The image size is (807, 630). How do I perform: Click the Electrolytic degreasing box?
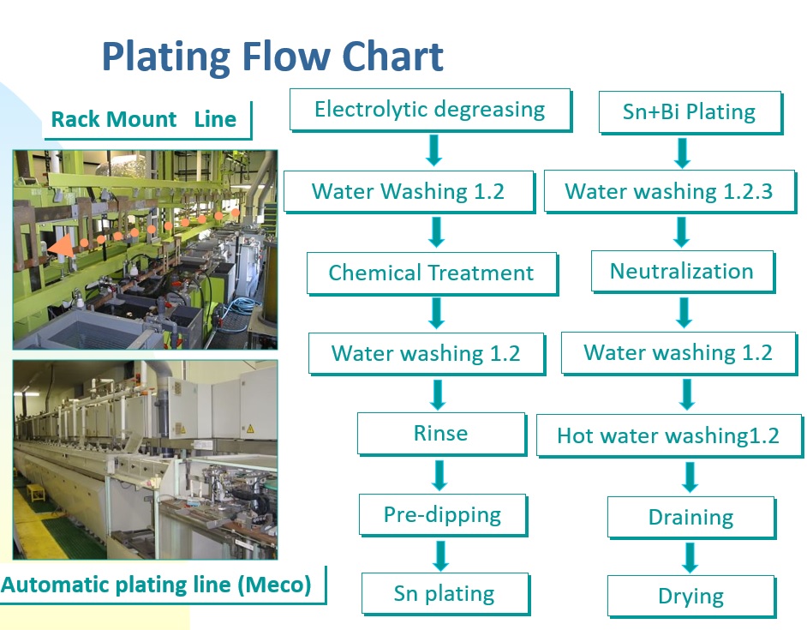coord(430,110)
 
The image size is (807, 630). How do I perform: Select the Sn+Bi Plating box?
coord(690,112)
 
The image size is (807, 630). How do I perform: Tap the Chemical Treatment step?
coord(432,273)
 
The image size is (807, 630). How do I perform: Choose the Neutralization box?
coord(683,272)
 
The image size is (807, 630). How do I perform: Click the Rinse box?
coord(441,434)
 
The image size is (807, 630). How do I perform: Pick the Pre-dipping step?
coord(443,515)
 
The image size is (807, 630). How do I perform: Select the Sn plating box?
coord(445,594)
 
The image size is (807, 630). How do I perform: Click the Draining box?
coord(691,518)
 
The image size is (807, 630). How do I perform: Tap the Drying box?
coord(691,597)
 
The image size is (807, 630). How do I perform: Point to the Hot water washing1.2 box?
coord(669,435)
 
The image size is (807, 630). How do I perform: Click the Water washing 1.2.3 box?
coord(670,191)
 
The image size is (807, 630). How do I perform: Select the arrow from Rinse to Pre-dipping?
coord(439,475)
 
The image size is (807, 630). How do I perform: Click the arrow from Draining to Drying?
coord(690,557)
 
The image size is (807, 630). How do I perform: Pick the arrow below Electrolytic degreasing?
coord(433,150)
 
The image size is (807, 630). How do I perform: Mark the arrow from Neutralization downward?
coord(684,313)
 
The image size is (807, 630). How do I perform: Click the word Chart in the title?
coord(392,57)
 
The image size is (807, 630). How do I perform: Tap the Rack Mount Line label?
coord(144,119)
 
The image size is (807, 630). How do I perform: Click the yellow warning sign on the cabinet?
coord(250,429)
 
